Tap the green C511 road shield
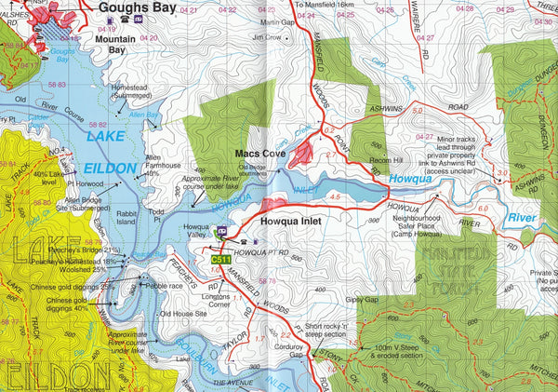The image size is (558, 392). click(221, 259)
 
